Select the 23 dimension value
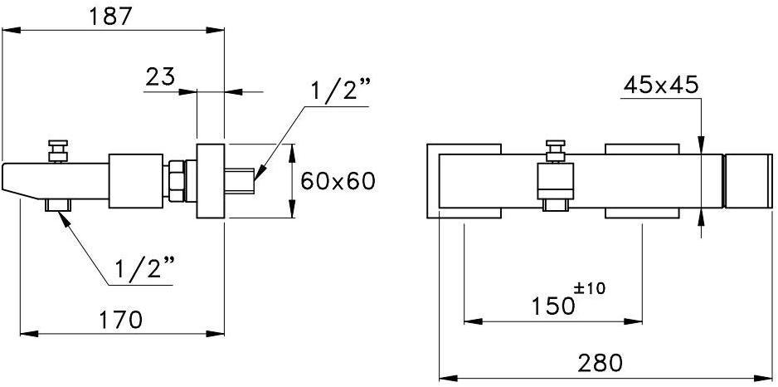click(160, 76)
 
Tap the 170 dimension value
click(120, 319)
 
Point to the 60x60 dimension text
click(338, 181)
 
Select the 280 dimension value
click(599, 362)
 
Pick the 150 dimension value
click(552, 306)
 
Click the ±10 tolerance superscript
click(590, 288)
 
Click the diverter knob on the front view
click(555, 152)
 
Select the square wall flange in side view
click(211, 182)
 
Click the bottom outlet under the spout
click(58, 204)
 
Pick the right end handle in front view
click(750, 181)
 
